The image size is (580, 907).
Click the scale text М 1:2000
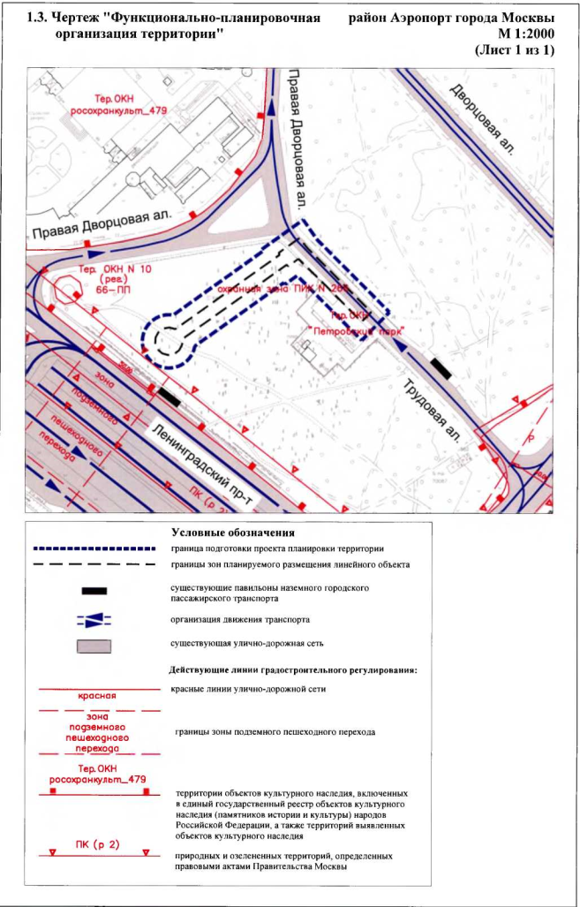[521, 33]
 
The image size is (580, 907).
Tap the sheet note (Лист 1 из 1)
[515, 49]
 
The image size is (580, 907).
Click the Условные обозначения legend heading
[233, 533]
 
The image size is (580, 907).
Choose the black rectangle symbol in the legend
[94, 590]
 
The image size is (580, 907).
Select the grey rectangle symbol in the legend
[94, 646]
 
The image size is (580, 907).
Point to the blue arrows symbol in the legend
[94, 619]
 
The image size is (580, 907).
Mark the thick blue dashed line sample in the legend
[95, 548]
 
